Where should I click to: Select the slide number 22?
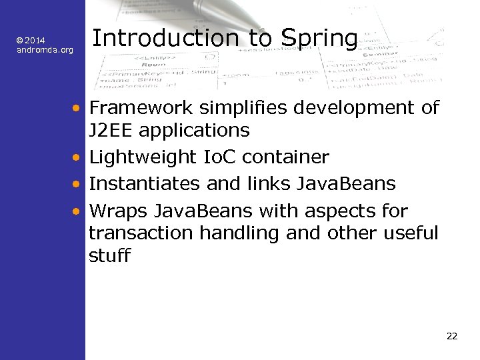pyautogui.click(x=452, y=336)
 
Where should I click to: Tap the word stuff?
pyautogui.click(x=109, y=255)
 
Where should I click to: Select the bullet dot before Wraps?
pyautogui.click(x=78, y=212)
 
